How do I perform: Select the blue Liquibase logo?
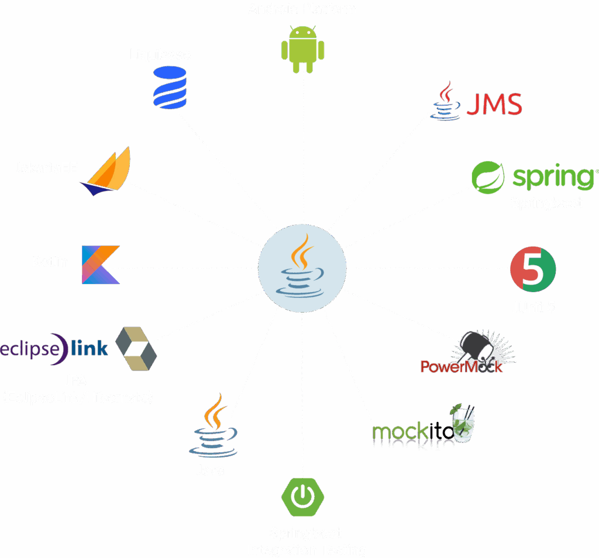point(169,88)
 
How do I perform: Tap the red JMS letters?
point(494,105)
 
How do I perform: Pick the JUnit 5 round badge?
point(533,269)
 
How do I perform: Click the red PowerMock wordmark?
point(462,366)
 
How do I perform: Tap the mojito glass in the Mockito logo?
point(464,422)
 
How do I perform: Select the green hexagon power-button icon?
point(302,495)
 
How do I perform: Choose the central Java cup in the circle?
point(302,268)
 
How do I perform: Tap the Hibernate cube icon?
point(136,349)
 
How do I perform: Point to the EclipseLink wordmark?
point(54,349)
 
